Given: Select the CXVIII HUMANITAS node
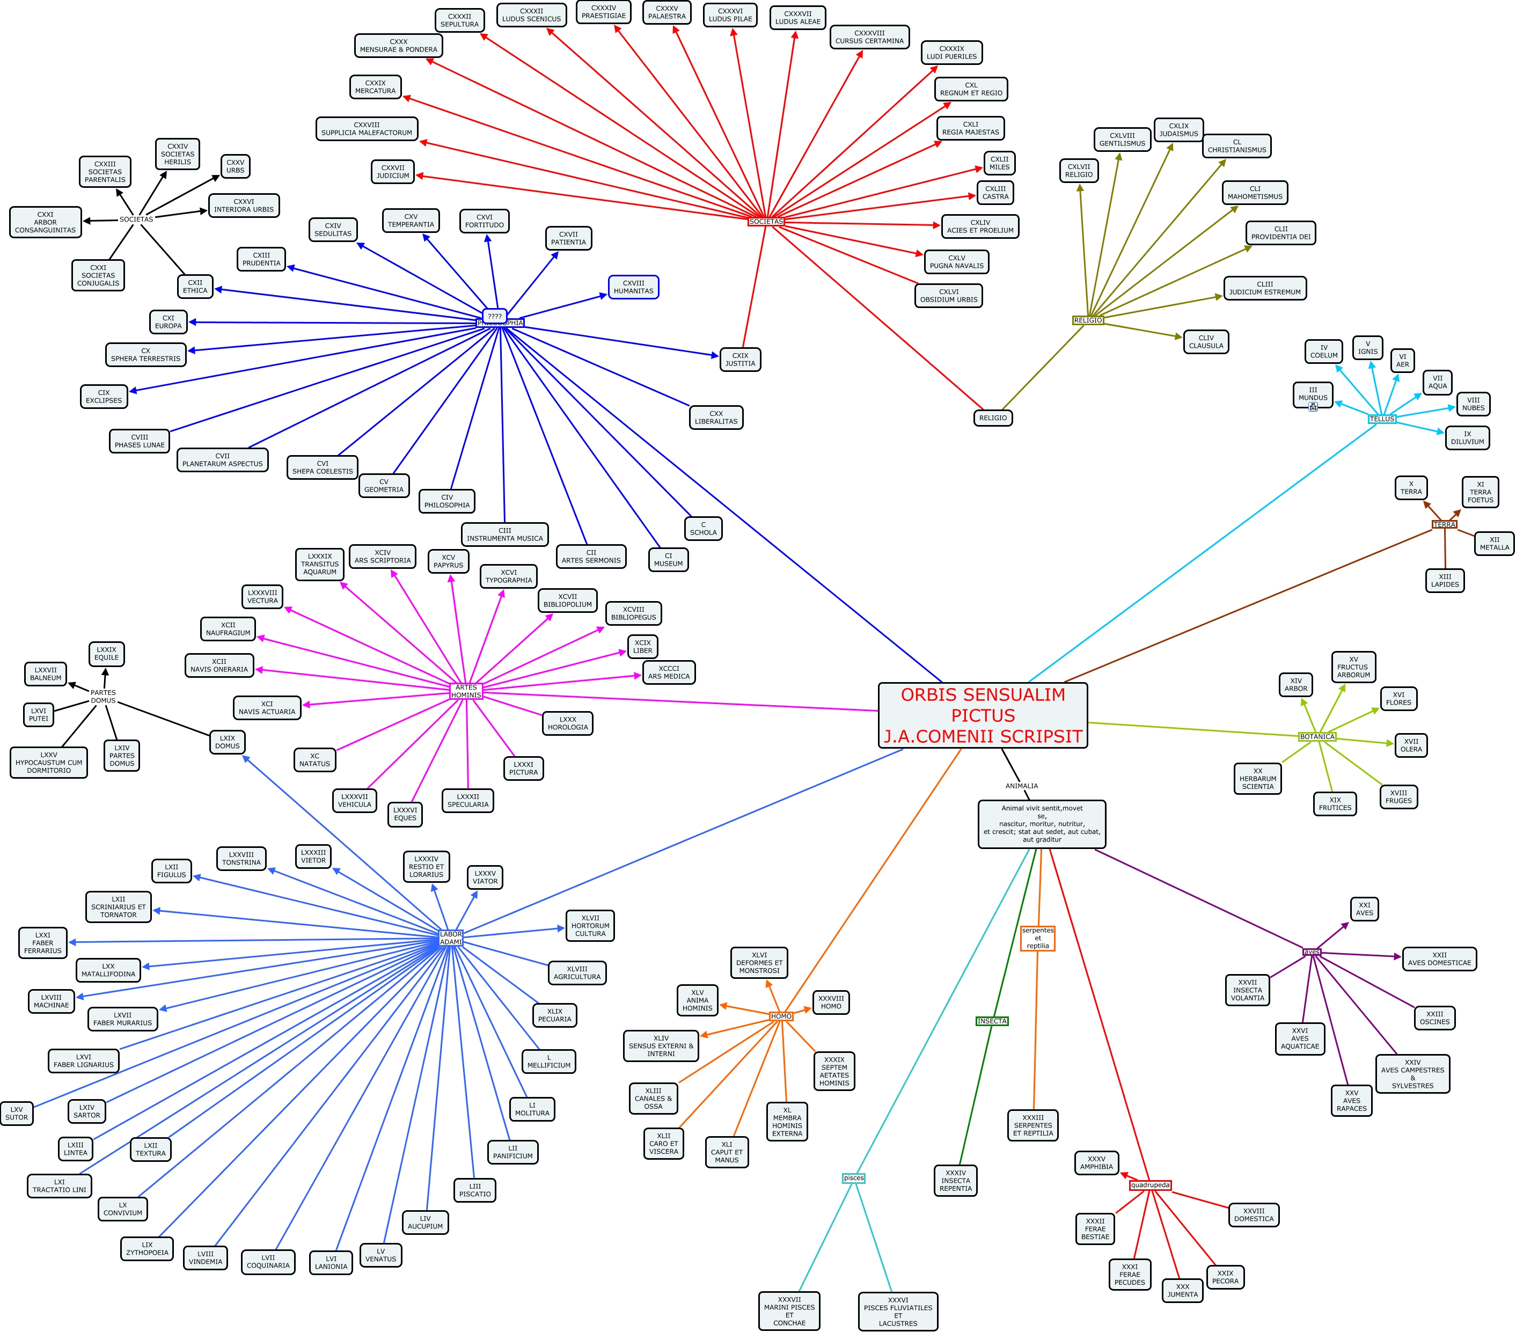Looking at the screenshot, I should pyautogui.click(x=633, y=287).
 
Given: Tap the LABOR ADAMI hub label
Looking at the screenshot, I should pyautogui.click(x=451, y=938).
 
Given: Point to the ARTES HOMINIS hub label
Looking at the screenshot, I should pyautogui.click(x=466, y=691).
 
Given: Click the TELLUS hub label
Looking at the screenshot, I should pyautogui.click(x=1382, y=419).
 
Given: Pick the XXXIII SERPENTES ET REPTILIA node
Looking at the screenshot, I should pyautogui.click(x=1033, y=1125).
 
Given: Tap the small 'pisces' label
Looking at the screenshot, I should pyautogui.click(x=854, y=1178).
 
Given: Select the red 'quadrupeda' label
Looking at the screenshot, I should pyautogui.click(x=1151, y=1185).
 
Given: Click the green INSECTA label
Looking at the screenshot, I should pyautogui.click(x=992, y=1021).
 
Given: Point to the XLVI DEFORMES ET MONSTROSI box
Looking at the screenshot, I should pyautogui.click(x=759, y=963).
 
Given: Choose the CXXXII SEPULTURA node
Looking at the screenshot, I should pyautogui.click(x=460, y=20).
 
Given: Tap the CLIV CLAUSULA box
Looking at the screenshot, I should pyautogui.click(x=1206, y=342).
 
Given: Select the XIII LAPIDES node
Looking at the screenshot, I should pyautogui.click(x=1445, y=580).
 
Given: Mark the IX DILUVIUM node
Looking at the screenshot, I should pyautogui.click(x=1467, y=437).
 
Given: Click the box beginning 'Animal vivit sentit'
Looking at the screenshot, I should pyautogui.click(x=1041, y=823).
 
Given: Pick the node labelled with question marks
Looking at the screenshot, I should pyautogui.click(x=495, y=316).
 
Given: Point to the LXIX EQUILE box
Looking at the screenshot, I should pyautogui.click(x=107, y=654).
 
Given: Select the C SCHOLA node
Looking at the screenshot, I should pyautogui.click(x=703, y=528).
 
